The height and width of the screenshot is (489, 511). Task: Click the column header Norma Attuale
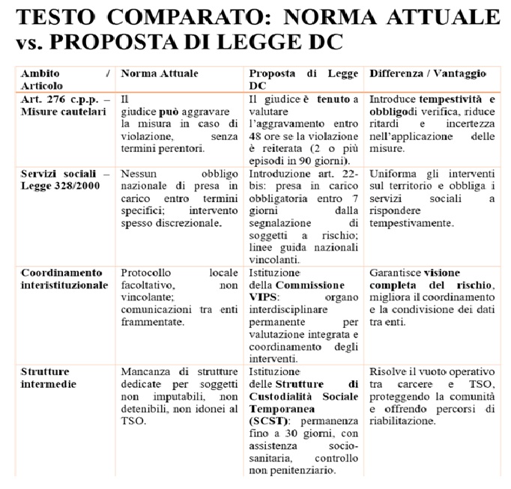pos(157,74)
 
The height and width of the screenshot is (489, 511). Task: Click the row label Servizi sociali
pos(56,171)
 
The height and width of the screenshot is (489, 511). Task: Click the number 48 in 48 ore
pos(255,124)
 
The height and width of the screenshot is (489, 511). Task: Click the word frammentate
pos(154,322)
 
